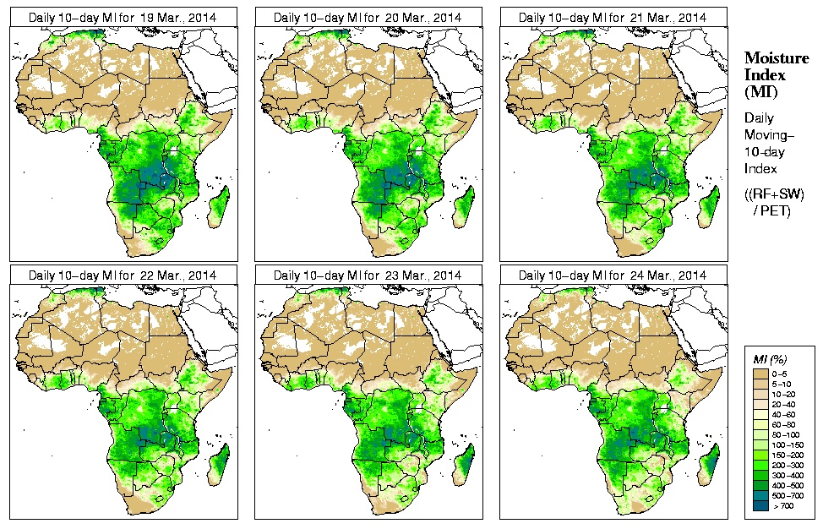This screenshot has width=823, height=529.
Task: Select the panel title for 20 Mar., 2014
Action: tap(367, 17)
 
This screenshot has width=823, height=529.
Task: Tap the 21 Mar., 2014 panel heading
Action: tap(612, 17)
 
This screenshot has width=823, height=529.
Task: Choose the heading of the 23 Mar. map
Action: tap(367, 275)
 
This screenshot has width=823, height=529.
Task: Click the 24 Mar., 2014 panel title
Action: tap(612, 275)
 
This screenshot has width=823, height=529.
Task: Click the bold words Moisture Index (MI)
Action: tap(771, 74)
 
